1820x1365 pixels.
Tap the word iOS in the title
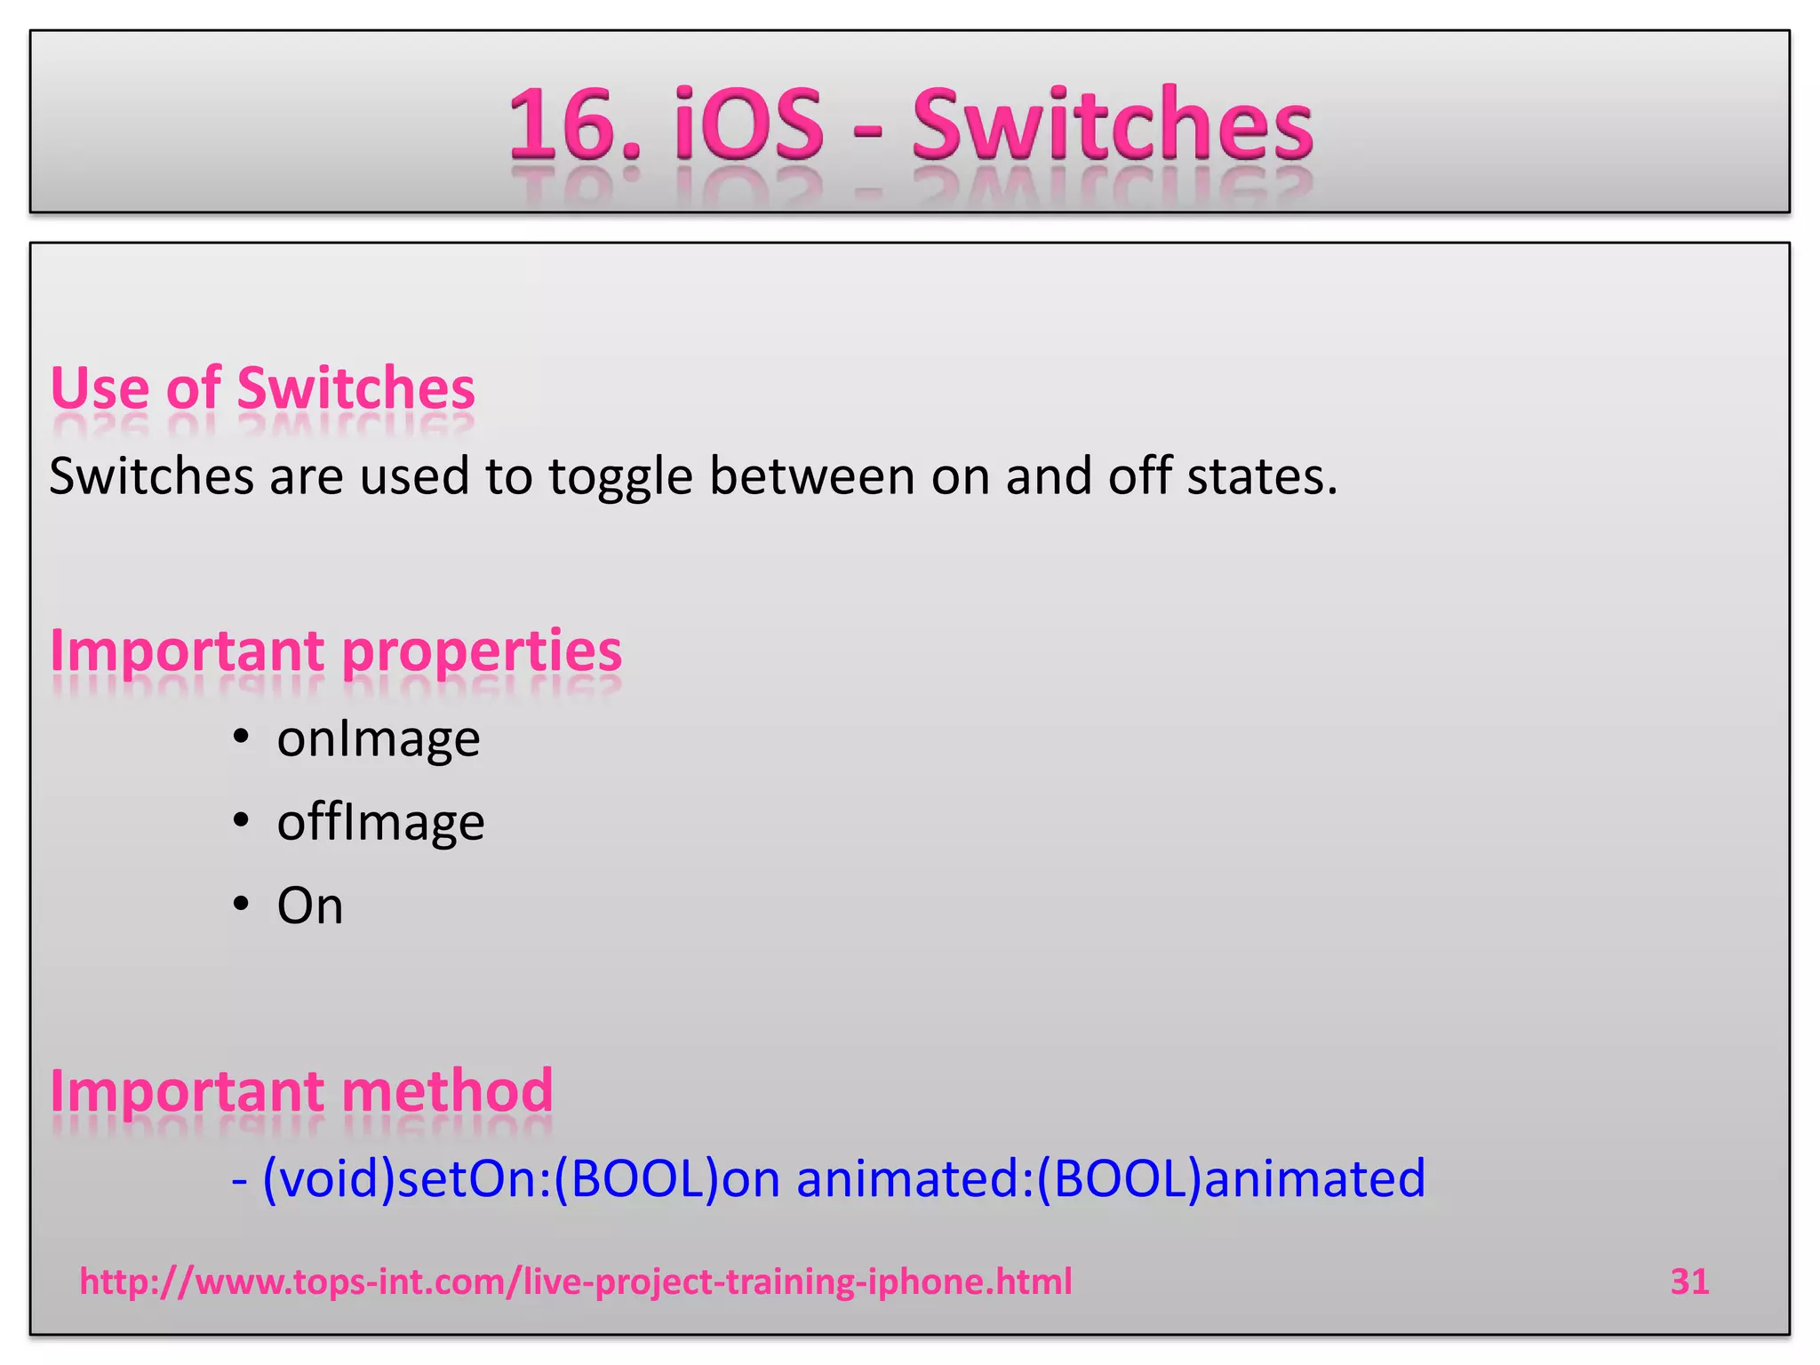748,124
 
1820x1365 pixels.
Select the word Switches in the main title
1112,124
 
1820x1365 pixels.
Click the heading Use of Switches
263,388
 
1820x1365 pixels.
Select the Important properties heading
336,651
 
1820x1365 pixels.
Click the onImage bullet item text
379,738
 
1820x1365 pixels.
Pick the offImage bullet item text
380,822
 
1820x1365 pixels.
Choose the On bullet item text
310,906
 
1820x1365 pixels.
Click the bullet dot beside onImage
240,737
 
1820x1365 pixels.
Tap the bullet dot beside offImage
240,820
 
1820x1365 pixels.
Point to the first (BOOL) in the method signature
636,1178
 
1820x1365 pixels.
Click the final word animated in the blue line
1314,1178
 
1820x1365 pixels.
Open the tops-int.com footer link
576,1281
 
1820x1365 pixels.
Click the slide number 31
1689,1281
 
